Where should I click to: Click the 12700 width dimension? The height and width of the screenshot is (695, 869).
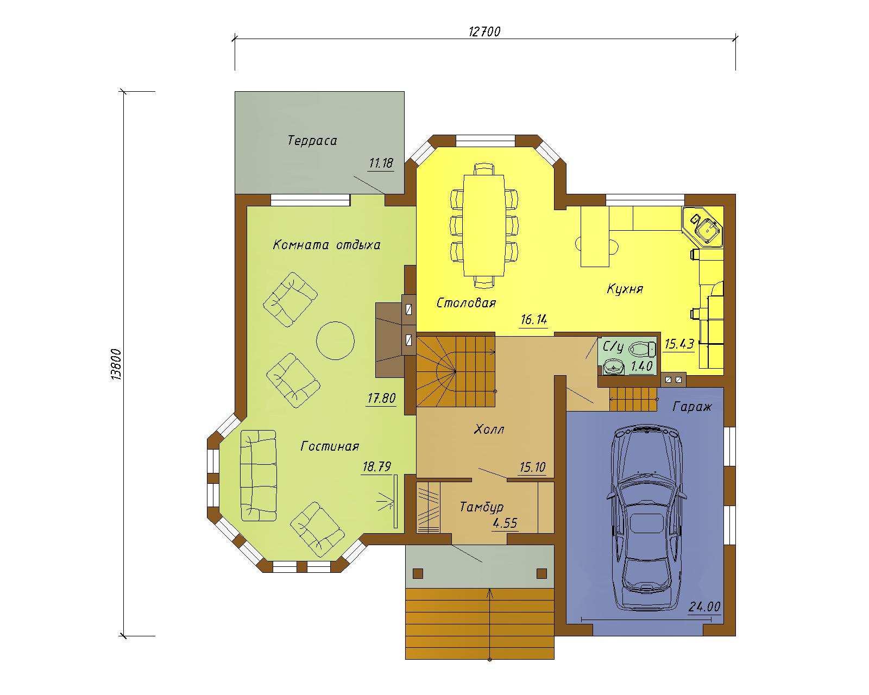tap(484, 32)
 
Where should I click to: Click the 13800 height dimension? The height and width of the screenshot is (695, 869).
tap(116, 364)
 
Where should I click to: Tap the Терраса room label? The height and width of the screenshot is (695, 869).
tap(312, 141)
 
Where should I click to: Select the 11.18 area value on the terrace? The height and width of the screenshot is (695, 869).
tap(381, 163)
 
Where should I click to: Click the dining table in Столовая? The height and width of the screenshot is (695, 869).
tap(484, 225)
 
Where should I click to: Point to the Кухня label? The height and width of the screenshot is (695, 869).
tap(625, 289)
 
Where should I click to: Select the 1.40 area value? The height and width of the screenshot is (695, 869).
tap(641, 367)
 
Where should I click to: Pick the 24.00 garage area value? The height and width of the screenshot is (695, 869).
tap(704, 606)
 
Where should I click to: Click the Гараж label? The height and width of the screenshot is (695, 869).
tap(692, 407)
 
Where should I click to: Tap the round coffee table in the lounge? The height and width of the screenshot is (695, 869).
tap(335, 340)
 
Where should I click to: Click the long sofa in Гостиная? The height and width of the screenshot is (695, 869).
tap(259, 475)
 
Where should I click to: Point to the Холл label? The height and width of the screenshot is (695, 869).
tap(489, 429)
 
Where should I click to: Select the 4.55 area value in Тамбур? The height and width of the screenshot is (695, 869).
tap(505, 523)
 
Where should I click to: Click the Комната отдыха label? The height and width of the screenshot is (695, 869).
tap(326, 245)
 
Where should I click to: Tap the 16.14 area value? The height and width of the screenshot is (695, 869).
tap(534, 320)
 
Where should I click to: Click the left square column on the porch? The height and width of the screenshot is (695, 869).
tap(418, 573)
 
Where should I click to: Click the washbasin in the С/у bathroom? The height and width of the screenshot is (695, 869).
tap(612, 368)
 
